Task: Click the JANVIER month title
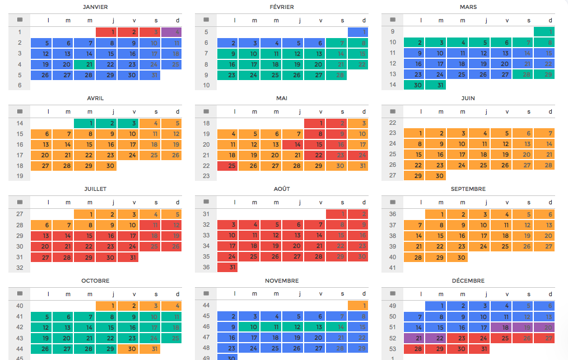point(95,7)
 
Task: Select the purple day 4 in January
point(171,32)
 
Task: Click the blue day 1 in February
point(358,32)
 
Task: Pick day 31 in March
point(435,85)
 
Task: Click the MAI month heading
point(282,98)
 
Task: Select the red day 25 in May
point(227,166)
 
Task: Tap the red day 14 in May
point(292,145)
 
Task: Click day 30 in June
point(435,176)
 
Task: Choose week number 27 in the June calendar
point(392,176)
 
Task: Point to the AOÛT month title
point(282,189)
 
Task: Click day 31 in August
point(227,268)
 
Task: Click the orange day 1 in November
point(358,306)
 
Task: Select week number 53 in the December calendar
point(392,349)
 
